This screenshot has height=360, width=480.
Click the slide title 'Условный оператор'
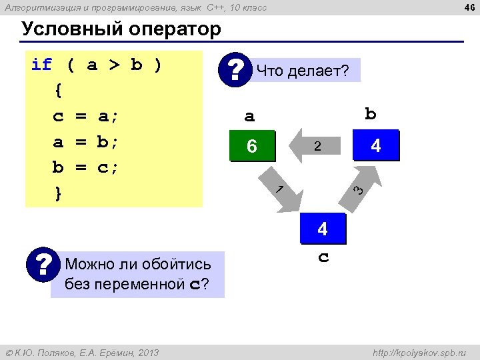(x=121, y=29)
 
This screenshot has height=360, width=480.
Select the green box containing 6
(x=251, y=146)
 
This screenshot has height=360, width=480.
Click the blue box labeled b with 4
(x=375, y=145)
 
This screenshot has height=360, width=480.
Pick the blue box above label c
(x=323, y=229)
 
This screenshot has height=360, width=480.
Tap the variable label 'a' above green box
(x=249, y=117)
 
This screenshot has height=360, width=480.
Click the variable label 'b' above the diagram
(x=371, y=114)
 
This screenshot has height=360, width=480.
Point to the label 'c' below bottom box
(x=323, y=257)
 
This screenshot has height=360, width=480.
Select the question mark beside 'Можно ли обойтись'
(x=45, y=265)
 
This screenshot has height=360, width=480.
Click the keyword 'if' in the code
(x=41, y=65)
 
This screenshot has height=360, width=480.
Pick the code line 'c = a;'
(x=85, y=116)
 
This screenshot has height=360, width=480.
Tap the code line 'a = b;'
(x=85, y=142)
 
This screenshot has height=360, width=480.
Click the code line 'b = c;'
(x=85, y=167)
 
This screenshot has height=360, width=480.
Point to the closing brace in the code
(x=59, y=193)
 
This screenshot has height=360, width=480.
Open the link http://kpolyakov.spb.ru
(x=419, y=352)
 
